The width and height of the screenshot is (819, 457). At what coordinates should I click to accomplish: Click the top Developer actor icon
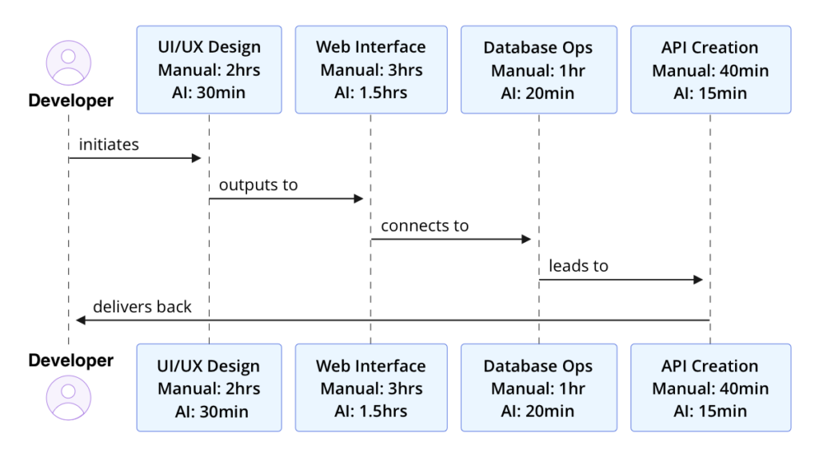(69, 62)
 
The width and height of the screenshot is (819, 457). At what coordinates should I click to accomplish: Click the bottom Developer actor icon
(69, 397)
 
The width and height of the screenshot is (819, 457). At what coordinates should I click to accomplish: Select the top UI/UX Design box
(209, 70)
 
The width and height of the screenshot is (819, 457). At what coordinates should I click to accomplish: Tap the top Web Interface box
(370, 70)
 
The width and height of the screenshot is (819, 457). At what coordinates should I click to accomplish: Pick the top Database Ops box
(538, 70)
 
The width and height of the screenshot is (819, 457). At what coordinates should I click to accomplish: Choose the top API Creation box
(709, 70)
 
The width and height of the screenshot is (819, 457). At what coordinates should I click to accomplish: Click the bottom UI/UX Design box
(209, 388)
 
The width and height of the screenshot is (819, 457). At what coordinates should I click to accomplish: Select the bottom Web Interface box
(370, 388)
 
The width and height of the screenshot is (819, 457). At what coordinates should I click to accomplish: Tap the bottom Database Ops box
(538, 388)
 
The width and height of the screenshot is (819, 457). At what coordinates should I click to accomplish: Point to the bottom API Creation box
(709, 388)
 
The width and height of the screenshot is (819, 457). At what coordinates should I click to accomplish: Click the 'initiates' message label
(109, 145)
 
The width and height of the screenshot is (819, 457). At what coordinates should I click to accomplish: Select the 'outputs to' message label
(258, 185)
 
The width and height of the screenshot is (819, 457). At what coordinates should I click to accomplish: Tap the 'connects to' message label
(425, 226)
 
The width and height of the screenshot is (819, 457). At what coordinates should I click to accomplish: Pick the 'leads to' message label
(578, 266)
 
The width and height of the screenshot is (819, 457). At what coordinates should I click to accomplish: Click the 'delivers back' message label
(142, 307)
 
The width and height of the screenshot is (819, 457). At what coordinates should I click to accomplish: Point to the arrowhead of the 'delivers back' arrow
(80, 320)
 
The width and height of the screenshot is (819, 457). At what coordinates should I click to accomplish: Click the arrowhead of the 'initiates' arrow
(196, 158)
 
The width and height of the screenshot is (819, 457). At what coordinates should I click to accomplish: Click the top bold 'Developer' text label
(70, 101)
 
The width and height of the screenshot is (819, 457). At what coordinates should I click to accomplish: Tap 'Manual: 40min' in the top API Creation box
(709, 70)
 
